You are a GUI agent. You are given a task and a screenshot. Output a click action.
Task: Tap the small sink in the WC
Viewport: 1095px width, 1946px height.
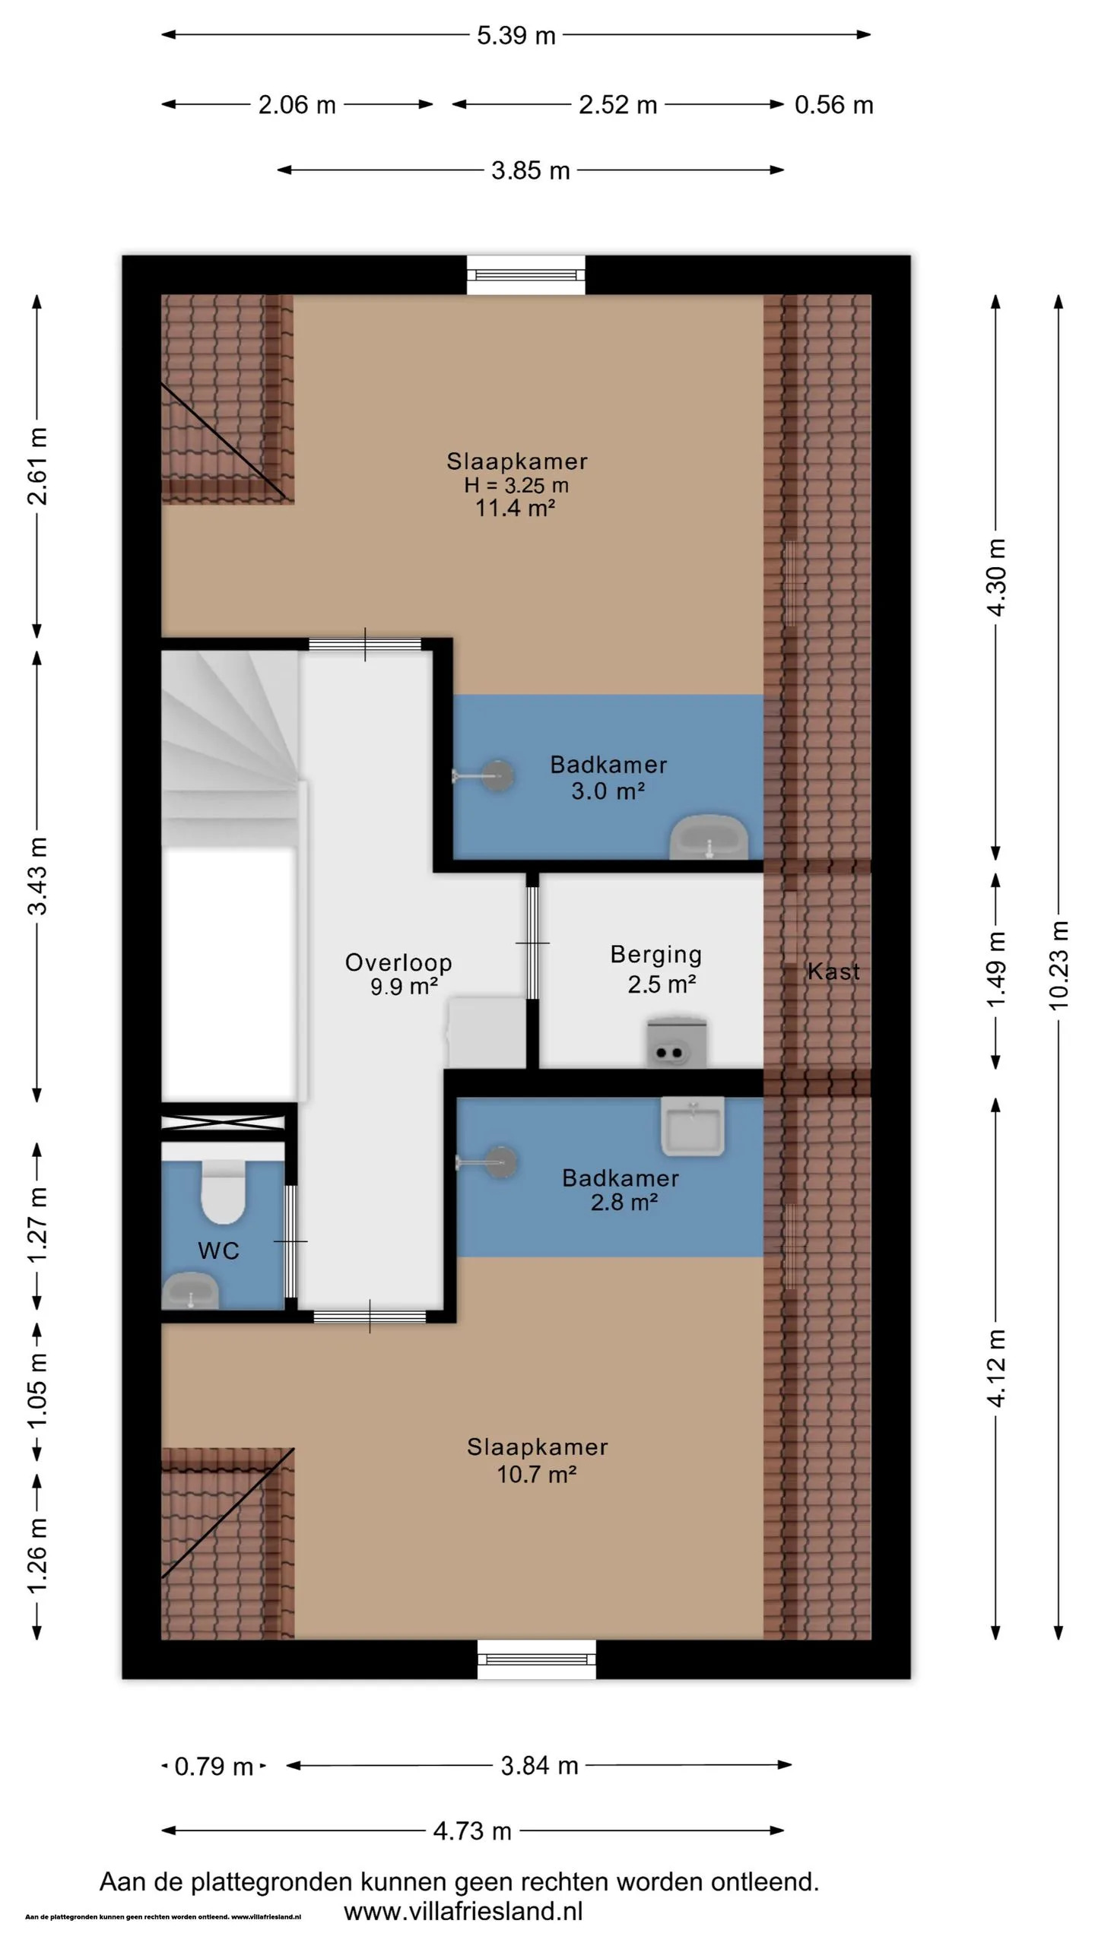coord(190,1291)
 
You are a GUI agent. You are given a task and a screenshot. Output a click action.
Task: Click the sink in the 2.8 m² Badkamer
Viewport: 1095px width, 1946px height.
coord(692,1126)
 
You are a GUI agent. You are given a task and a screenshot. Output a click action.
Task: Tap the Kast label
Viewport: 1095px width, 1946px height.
coord(833,971)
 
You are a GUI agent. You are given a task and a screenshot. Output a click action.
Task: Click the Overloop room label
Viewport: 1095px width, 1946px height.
coord(398,962)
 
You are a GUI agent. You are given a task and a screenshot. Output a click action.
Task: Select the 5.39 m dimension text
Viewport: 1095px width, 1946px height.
coord(516,36)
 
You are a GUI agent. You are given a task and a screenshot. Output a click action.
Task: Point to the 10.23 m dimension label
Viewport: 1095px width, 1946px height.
coord(1059,965)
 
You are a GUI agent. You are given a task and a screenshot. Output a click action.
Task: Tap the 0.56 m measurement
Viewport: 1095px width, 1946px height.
coord(834,105)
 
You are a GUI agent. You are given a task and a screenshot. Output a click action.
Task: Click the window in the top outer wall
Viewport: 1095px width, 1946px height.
coord(526,274)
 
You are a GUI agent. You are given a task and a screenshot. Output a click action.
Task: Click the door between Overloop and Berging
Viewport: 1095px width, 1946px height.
coord(532,943)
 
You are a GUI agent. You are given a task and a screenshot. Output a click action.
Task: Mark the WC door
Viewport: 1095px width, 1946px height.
coord(290,1241)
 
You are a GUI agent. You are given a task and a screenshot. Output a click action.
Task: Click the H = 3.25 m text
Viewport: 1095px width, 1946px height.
coord(516,485)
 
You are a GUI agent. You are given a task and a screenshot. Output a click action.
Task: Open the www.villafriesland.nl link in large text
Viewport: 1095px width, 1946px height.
coord(463,1911)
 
